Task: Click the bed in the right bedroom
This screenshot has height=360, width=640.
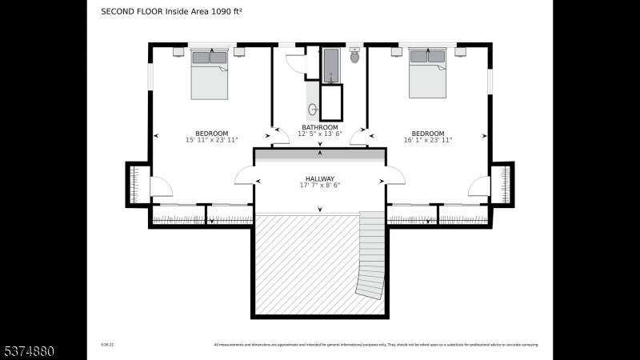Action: (427, 73)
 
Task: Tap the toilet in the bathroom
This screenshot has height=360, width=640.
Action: (355, 55)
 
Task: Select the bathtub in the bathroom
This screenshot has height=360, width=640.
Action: (331, 66)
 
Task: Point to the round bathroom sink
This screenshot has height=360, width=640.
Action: (314, 110)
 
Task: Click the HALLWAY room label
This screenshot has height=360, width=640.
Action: (319, 178)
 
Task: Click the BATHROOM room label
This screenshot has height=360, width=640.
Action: (319, 127)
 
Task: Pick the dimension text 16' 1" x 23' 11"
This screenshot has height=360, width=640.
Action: (428, 140)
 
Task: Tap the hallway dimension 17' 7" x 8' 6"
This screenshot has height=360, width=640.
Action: (319, 186)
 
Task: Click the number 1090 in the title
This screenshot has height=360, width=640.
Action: (209, 12)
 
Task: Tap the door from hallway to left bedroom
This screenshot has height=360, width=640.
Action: (244, 176)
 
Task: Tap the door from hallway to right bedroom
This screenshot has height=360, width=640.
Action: (395, 176)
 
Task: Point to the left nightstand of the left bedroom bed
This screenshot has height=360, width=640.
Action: (178, 52)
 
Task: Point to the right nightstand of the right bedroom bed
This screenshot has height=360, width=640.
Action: (460, 52)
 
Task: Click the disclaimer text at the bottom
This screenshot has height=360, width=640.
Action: (376, 345)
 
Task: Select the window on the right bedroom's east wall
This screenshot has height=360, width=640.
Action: (490, 80)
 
